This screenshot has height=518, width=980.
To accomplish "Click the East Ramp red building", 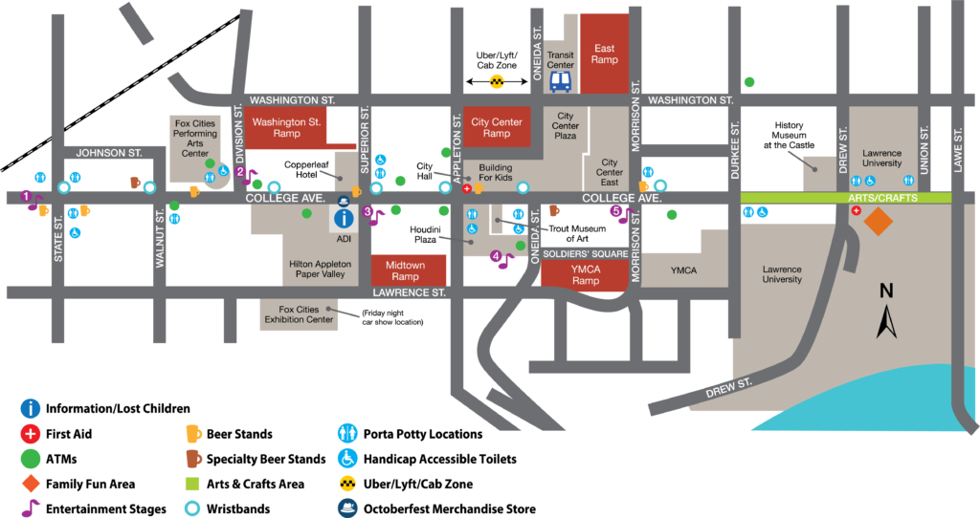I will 604,53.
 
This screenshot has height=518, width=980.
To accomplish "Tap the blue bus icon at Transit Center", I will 561,81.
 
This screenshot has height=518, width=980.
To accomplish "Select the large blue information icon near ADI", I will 343,218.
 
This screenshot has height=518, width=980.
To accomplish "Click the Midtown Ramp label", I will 409,270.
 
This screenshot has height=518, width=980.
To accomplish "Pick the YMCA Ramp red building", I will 585,273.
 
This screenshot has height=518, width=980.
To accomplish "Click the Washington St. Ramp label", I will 287,128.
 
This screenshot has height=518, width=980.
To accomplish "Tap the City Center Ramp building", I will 496,128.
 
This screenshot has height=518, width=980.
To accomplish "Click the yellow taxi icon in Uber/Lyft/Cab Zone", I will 497,83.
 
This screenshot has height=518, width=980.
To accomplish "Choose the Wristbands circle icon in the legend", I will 193,509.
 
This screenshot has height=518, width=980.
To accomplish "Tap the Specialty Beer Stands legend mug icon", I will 193,459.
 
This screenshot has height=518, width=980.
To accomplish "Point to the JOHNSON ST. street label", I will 109,152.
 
